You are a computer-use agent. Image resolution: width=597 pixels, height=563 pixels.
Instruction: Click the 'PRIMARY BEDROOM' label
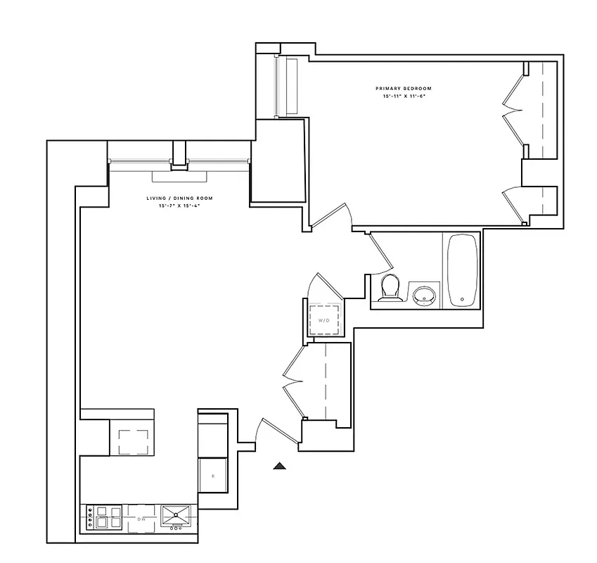403,88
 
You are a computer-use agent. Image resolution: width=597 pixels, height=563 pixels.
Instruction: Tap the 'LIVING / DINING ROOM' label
179,198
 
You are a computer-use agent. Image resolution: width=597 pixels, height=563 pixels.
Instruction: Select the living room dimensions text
179,206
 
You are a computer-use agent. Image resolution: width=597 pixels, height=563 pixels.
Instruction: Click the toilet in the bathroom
388,289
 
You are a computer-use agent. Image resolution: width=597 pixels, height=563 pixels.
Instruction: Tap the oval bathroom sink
423,293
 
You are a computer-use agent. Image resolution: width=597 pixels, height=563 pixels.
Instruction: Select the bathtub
461,270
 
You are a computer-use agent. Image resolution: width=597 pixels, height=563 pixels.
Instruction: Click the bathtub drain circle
462,299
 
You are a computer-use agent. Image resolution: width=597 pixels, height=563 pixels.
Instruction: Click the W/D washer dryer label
324,320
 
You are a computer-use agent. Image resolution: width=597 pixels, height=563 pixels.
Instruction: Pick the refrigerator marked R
212,476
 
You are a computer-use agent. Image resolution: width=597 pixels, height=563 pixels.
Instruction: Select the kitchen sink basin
175,514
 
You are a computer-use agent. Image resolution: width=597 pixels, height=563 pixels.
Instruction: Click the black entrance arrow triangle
280,464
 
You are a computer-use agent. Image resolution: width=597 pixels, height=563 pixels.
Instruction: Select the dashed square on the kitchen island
133,441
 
